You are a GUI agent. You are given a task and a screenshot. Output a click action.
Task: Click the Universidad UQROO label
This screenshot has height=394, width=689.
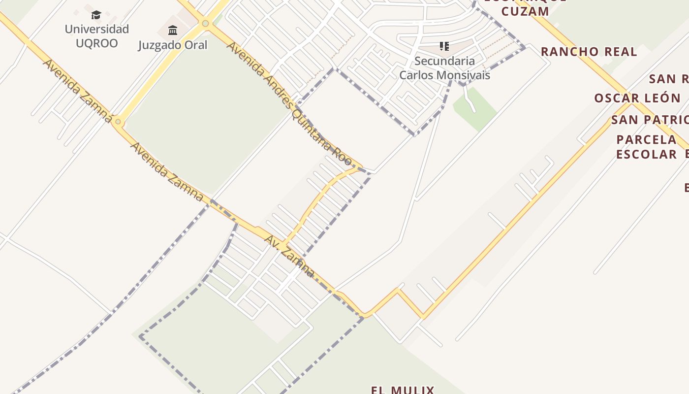96,36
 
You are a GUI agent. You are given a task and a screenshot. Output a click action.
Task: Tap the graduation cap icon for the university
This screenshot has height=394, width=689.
96,15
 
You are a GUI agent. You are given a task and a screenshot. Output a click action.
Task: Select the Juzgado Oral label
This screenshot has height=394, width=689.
173,45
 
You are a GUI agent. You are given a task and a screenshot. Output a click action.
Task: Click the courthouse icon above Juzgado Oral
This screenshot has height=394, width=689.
173,31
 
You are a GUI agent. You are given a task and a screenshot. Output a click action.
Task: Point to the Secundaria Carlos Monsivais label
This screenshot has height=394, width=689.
444,68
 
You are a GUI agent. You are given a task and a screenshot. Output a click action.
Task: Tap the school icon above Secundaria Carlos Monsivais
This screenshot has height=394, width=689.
444,47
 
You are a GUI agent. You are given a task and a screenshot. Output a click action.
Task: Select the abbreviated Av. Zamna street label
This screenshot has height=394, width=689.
289,256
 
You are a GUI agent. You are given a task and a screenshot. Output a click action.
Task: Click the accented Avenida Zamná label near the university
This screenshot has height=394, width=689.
79,91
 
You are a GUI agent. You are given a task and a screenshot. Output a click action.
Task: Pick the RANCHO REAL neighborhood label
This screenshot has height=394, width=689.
589,52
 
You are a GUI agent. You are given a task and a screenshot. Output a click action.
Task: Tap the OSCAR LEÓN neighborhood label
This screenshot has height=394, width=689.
637,98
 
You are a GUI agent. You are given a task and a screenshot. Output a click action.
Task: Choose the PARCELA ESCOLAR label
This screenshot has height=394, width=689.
647,147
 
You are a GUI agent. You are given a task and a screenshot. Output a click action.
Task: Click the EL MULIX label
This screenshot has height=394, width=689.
403,390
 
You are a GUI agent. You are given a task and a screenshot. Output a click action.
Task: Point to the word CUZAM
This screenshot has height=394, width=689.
526,11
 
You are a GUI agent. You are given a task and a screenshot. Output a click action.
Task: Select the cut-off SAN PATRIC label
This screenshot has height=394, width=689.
650,120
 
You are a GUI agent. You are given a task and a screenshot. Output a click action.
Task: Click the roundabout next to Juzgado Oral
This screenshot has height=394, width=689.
205,23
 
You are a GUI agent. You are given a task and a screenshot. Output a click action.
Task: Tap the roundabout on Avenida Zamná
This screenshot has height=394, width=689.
118,121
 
